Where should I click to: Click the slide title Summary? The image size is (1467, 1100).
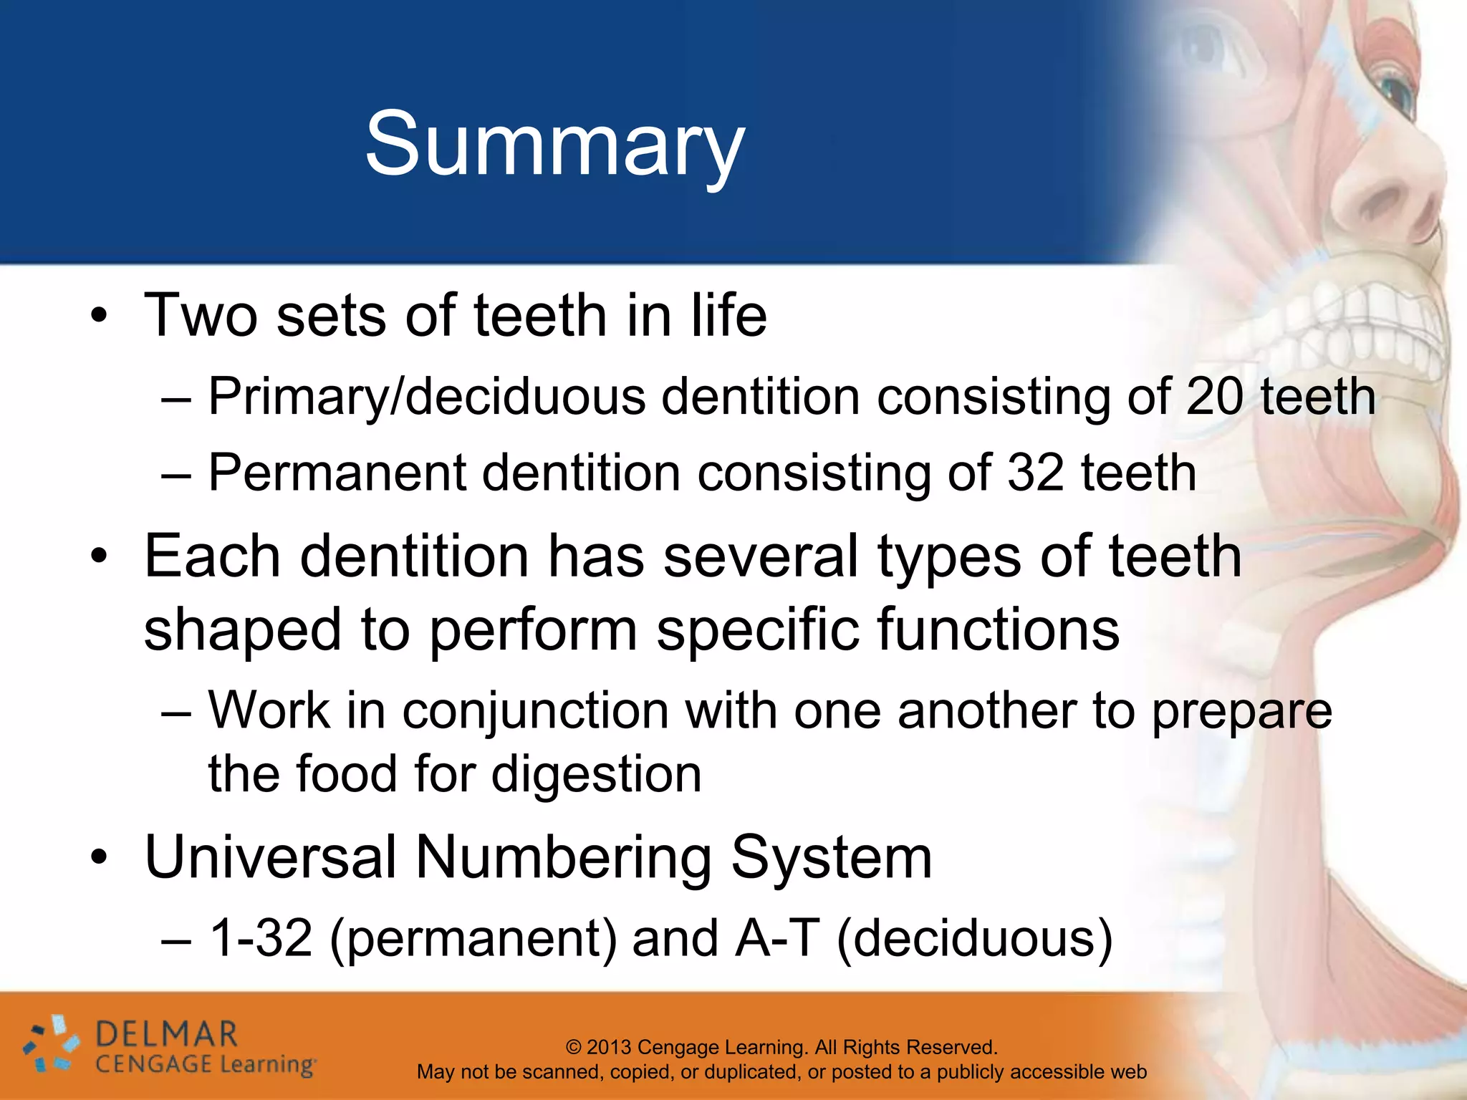pyautogui.click(x=555, y=145)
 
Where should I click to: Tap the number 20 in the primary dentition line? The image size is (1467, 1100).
pyautogui.click(x=1214, y=397)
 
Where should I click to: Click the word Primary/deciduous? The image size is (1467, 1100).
pyautogui.click(x=426, y=398)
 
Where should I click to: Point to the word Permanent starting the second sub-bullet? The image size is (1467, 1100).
pyautogui.click(x=337, y=473)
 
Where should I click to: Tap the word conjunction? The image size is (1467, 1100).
pyautogui.click(x=536, y=713)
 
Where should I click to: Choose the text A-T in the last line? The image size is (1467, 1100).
pyautogui.click(x=777, y=938)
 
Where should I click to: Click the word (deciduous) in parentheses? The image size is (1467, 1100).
pyautogui.click(x=975, y=940)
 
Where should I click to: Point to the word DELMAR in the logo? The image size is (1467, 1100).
pyautogui.click(x=166, y=1035)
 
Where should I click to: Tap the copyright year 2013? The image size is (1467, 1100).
pyautogui.click(x=610, y=1048)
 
